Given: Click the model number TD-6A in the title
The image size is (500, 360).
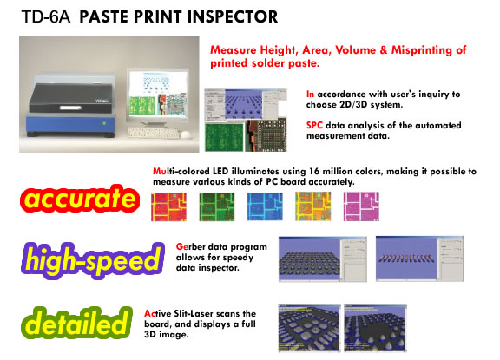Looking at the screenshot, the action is [46, 16].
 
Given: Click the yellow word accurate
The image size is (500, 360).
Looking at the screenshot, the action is [80, 199].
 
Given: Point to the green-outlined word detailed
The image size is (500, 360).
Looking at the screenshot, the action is [76, 323].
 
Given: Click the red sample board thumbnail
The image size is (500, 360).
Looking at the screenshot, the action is [168, 206].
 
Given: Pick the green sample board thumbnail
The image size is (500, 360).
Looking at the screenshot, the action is [217, 206].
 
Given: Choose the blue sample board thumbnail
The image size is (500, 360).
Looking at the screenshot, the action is [265, 206].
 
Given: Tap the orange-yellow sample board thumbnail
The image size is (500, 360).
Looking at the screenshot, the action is [313, 206].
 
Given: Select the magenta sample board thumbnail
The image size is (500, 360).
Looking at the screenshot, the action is [361, 206].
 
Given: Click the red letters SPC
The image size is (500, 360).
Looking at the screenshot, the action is [314, 125].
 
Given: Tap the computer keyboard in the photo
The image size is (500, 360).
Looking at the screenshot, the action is [154, 133].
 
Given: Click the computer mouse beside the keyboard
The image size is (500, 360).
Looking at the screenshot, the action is [186, 134].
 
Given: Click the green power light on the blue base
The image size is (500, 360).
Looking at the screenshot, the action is [103, 123].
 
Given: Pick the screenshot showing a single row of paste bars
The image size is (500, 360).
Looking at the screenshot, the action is [419, 259].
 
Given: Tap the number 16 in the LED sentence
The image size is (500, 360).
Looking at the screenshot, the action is [314, 172].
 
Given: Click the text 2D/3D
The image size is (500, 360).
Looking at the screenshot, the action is [353, 104].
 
